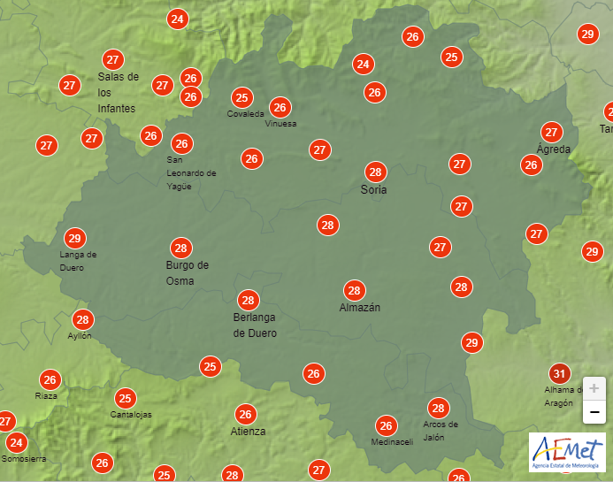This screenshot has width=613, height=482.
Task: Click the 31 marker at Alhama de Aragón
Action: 559,372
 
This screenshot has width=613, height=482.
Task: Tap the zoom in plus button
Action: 594,388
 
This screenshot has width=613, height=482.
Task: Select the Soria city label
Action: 374,189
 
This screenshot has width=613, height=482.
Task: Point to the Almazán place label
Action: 359,308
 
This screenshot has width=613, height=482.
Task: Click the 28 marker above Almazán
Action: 355,290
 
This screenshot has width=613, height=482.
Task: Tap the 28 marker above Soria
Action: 376,172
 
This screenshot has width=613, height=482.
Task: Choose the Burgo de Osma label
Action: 187,272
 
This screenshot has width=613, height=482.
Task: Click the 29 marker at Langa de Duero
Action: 74,238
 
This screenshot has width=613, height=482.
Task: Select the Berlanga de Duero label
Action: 255,325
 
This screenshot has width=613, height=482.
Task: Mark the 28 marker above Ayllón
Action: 83,319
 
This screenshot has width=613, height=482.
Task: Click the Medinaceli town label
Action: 392,442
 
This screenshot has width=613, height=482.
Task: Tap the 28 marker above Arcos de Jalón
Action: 438,408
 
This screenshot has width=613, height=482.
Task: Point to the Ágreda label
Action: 554,149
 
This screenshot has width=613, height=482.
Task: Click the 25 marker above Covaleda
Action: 241,97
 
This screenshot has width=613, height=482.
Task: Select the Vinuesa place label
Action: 280,124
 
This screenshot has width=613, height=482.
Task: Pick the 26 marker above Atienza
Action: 245,413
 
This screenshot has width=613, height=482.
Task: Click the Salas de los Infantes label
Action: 118,92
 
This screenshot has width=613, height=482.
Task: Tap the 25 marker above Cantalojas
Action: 126,398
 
